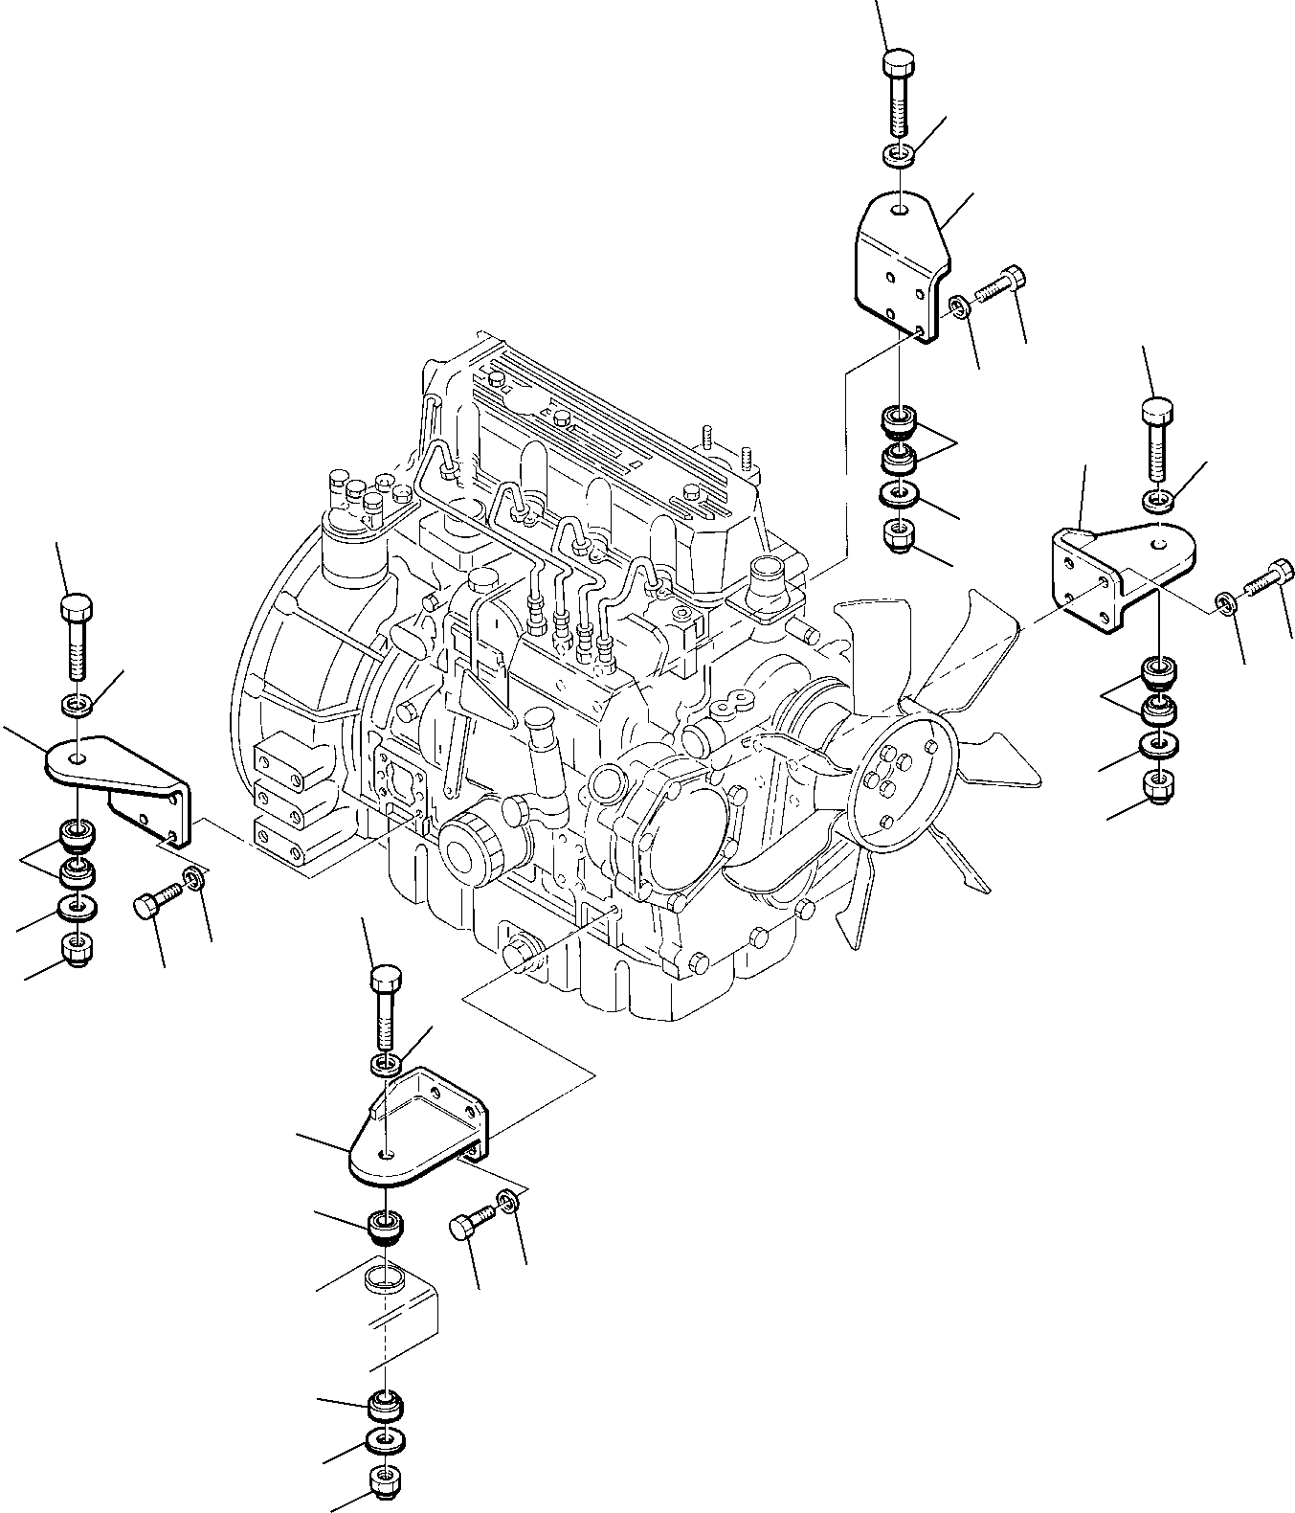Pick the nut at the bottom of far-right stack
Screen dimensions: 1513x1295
(x=1158, y=788)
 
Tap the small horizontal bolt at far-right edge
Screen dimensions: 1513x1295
(x=1270, y=578)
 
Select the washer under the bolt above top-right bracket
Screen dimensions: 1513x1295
(x=898, y=153)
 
